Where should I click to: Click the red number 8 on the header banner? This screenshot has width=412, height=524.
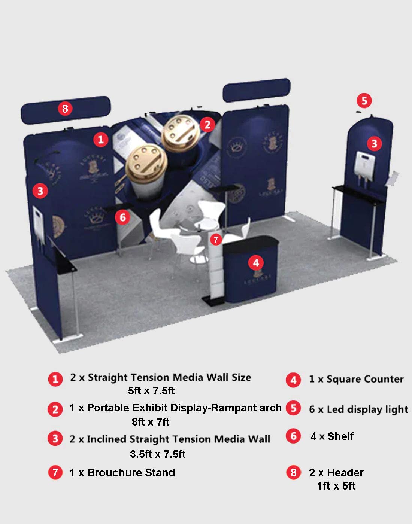click(65, 109)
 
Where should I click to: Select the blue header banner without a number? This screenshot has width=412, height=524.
click(256, 90)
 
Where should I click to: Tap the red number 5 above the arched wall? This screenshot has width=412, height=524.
click(364, 101)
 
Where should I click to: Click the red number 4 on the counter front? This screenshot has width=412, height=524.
click(256, 263)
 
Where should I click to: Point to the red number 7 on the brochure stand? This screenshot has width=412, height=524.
click(216, 239)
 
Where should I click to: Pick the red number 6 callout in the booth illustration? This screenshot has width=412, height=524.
click(122, 217)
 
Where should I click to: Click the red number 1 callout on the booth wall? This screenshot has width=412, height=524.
click(100, 140)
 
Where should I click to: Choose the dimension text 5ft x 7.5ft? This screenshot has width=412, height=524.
click(151, 391)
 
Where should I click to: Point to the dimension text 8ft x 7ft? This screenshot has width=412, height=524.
click(151, 422)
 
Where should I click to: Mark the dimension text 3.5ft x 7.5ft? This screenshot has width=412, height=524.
click(158, 454)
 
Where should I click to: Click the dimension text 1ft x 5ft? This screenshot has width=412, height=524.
click(336, 486)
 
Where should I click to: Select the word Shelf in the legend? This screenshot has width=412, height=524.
click(340, 436)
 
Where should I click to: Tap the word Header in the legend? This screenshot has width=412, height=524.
click(345, 473)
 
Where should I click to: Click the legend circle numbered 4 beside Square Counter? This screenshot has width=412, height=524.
click(293, 380)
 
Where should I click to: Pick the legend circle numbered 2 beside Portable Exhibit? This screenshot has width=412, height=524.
click(55, 409)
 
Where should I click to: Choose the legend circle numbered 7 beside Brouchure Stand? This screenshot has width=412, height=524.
click(55, 473)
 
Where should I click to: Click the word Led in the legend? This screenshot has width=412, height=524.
click(335, 409)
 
